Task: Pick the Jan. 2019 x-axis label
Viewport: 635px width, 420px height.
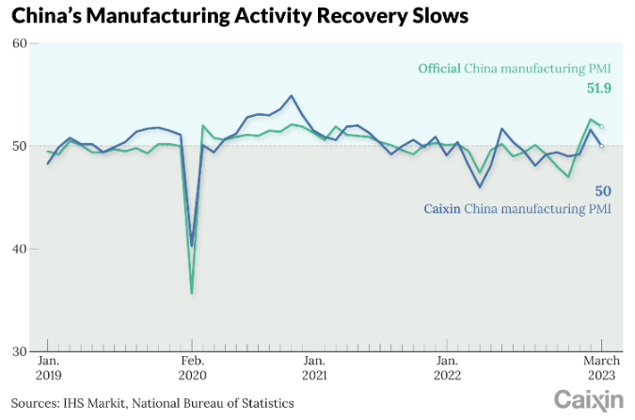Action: pos(49,367)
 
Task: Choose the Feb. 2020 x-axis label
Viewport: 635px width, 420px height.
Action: pos(192,367)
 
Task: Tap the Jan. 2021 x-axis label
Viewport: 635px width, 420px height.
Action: pos(315,367)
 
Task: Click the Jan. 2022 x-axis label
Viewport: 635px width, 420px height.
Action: pos(447,367)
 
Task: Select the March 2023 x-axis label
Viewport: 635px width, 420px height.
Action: pos(602,367)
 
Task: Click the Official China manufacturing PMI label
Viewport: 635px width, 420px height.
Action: pos(516,68)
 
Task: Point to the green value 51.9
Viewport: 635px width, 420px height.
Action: pos(599,89)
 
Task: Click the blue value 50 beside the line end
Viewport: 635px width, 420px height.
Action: pos(604,190)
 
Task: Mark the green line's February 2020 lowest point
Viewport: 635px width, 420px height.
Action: pos(192,293)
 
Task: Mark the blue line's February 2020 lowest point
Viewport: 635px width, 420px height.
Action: pos(192,246)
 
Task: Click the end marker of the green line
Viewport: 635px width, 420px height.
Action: pos(602,126)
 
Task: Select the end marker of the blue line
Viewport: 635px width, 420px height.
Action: pos(602,146)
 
